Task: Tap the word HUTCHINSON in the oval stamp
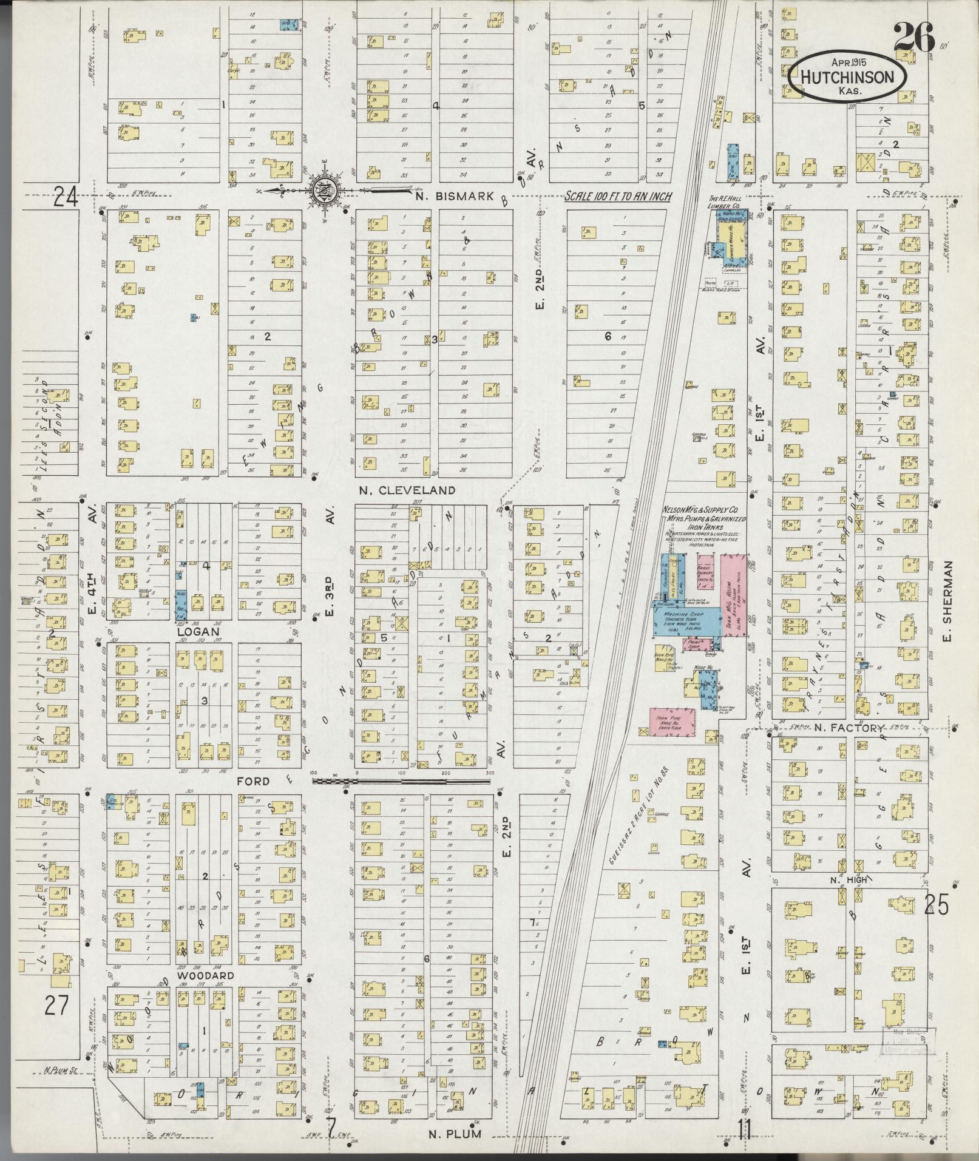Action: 848,77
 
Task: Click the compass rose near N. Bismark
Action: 322,191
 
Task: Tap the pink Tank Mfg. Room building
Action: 734,595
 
